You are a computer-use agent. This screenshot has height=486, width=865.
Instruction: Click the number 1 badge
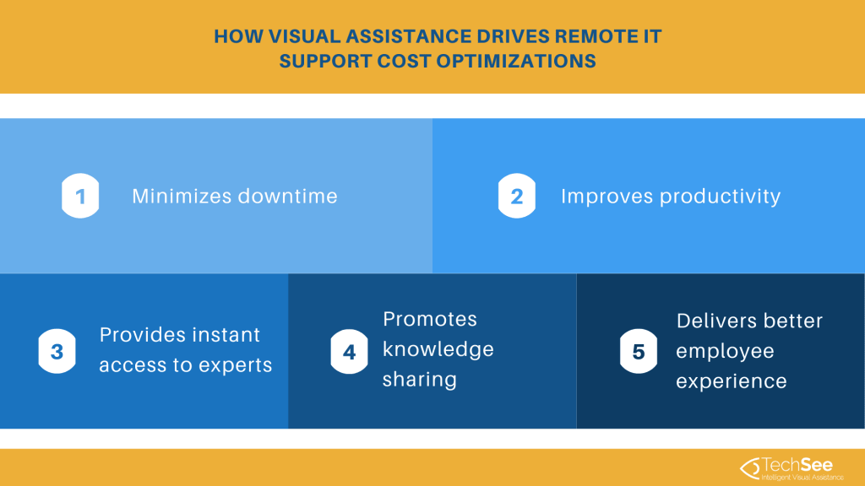pyautogui.click(x=80, y=197)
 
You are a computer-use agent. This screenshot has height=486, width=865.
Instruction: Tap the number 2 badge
pyautogui.click(x=517, y=197)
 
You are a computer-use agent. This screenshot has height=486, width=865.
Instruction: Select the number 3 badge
pyautogui.click(x=57, y=351)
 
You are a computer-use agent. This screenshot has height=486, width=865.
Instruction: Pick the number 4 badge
pyautogui.click(x=349, y=351)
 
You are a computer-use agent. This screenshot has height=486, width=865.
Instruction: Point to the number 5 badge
pyautogui.click(x=639, y=351)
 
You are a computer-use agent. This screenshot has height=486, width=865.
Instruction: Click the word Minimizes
pyautogui.click(x=181, y=197)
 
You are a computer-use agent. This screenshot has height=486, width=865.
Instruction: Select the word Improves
pyautogui.click(x=607, y=197)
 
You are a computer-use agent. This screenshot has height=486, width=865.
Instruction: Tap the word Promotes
pyautogui.click(x=430, y=319)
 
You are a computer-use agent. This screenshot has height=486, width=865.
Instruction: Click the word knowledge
pyautogui.click(x=438, y=349)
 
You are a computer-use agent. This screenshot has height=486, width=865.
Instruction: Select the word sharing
pyautogui.click(x=420, y=380)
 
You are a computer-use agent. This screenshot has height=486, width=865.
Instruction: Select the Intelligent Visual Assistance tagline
pyautogui.click(x=802, y=478)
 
